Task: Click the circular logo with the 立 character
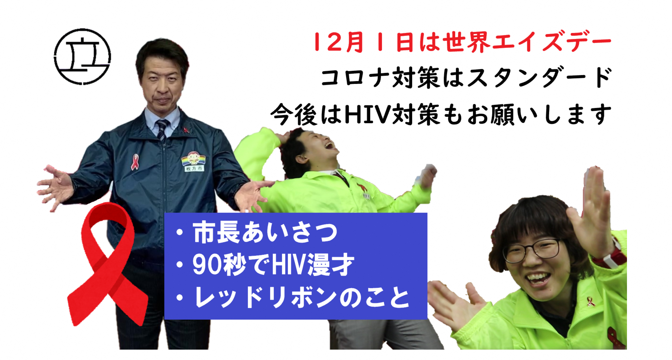(x=83, y=57)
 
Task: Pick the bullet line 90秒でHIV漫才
(x=273, y=265)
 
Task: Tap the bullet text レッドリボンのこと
(x=302, y=297)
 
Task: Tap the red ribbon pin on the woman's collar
(x=591, y=302)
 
